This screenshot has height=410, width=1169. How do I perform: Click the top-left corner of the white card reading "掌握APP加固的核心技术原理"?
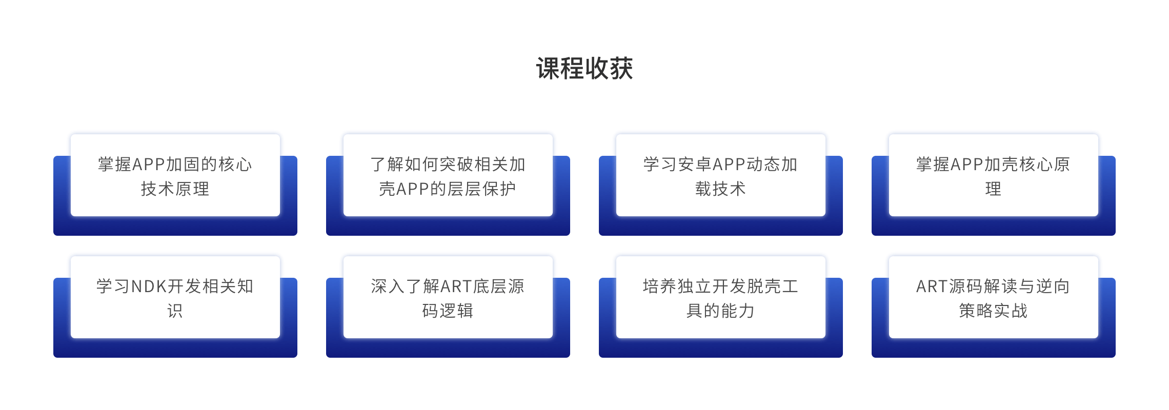point(71,134)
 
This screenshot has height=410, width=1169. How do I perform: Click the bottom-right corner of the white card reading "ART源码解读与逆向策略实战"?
point(1098,338)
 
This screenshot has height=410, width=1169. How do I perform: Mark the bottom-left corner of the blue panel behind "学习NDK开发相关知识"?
point(53,357)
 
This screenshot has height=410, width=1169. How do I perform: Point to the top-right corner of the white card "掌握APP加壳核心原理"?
point(1098,134)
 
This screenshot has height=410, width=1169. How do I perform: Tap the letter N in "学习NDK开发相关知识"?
point(137,286)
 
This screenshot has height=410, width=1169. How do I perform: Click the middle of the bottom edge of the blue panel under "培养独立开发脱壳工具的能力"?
point(721,357)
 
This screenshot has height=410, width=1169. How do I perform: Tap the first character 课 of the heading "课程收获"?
point(548,68)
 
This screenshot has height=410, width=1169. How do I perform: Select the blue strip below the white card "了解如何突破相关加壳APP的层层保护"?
point(448,226)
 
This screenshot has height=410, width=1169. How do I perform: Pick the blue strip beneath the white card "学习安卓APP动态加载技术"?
point(721,226)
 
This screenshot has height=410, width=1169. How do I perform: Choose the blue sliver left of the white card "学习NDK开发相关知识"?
point(62,307)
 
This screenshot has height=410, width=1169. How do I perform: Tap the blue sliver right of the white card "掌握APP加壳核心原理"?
point(1107,186)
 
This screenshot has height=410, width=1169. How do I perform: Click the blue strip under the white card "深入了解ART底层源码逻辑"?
point(448,348)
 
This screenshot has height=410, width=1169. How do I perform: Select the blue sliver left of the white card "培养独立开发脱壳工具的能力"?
point(608,307)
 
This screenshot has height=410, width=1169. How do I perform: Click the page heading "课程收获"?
point(584,68)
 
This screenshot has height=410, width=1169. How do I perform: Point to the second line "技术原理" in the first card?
point(175,189)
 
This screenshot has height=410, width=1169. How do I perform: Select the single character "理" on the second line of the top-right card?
point(994,189)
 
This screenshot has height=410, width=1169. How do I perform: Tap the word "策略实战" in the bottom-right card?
point(994,311)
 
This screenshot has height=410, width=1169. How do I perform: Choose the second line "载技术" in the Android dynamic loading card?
point(721,189)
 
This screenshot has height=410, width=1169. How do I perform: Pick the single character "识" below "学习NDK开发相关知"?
point(175,311)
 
